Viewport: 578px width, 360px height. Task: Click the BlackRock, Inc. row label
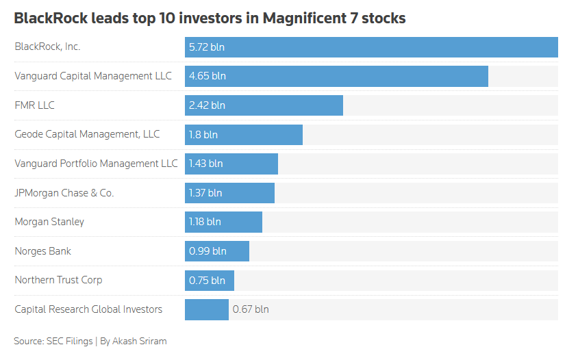click(x=47, y=47)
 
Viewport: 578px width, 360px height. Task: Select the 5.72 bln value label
click(x=206, y=47)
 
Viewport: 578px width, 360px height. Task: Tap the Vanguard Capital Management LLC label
click(x=93, y=76)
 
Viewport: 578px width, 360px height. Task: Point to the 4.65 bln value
click(x=208, y=76)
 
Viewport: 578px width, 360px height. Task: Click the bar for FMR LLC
click(x=264, y=105)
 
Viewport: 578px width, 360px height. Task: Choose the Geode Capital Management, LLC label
click(x=87, y=134)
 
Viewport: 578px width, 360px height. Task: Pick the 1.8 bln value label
click(x=203, y=135)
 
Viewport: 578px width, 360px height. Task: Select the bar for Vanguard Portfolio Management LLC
click(x=231, y=164)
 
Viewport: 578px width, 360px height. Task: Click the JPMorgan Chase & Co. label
click(x=64, y=193)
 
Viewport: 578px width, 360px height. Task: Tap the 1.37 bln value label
click(x=205, y=193)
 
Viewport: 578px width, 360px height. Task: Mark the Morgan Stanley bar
click(x=224, y=222)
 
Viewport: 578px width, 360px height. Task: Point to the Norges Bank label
click(x=42, y=251)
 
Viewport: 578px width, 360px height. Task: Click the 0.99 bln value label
click(x=208, y=251)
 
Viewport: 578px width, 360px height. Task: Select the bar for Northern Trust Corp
click(x=210, y=281)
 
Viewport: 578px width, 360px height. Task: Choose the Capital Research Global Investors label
click(x=88, y=309)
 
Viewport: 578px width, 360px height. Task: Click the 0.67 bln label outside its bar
click(x=251, y=309)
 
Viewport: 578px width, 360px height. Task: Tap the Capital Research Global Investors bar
click(x=207, y=309)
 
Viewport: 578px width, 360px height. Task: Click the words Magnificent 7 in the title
click(x=310, y=18)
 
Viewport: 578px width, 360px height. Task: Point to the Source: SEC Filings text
click(x=53, y=342)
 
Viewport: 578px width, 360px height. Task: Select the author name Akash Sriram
click(x=139, y=342)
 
